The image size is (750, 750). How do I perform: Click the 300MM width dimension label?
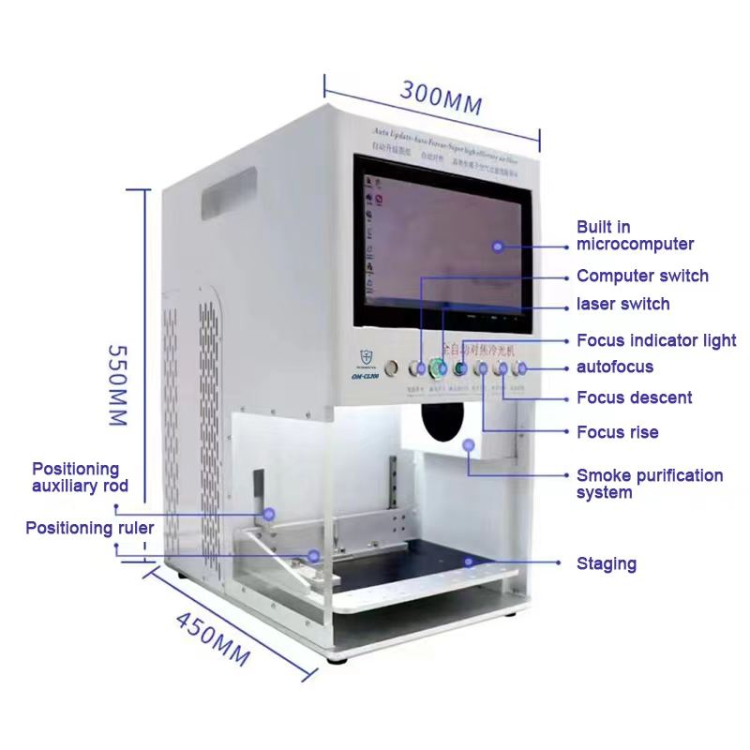tap(442, 97)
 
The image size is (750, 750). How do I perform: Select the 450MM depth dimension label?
tap(212, 638)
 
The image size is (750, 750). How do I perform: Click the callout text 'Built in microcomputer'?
tap(635, 235)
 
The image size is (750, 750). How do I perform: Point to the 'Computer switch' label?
tap(642, 277)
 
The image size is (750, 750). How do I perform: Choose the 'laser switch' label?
tap(622, 304)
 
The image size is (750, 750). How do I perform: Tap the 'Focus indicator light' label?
tap(656, 340)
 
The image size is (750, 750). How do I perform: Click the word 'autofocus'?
tap(615, 367)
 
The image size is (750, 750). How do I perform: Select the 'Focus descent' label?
tap(634, 397)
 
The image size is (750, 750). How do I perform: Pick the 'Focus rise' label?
tap(617, 432)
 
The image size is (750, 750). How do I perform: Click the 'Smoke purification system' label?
tap(650, 484)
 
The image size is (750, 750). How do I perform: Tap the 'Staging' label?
tap(606, 563)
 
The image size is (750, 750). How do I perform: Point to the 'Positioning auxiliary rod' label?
tap(80, 477)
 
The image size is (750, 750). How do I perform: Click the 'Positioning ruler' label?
tap(89, 528)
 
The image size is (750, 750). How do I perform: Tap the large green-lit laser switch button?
tap(438, 368)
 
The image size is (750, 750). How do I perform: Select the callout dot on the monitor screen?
tap(499, 247)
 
